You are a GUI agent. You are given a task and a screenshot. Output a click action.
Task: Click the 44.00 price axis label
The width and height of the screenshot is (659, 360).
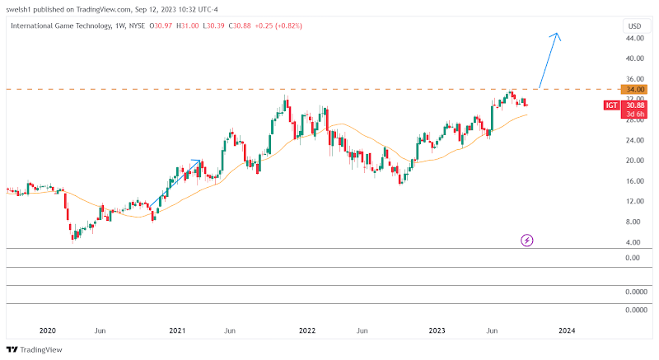tap(633, 39)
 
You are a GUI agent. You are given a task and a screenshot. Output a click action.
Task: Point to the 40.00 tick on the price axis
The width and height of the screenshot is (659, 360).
tap(633, 58)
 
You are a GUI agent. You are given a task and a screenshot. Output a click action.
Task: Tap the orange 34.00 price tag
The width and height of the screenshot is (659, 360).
tap(633, 89)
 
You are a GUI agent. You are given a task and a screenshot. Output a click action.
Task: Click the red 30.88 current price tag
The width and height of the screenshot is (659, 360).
tap(633, 105)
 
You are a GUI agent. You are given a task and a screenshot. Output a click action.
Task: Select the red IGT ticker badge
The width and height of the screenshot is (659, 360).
tap(611, 105)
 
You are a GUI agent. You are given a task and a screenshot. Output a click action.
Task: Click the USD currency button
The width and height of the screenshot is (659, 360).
tap(633, 26)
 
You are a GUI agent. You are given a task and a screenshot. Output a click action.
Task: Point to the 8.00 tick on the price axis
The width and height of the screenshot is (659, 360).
tap(633, 222)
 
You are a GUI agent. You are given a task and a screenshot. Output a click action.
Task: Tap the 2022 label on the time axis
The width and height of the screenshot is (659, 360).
tap(307, 330)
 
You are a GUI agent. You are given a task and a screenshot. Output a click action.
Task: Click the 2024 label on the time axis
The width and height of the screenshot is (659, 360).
tap(567, 330)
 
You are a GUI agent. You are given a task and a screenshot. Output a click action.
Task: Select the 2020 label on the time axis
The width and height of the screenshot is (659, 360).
tap(48, 330)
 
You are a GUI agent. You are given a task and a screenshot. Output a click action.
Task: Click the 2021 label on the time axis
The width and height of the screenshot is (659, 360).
tap(178, 330)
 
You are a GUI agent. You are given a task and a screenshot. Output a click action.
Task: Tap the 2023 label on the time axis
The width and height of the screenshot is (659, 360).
tap(437, 330)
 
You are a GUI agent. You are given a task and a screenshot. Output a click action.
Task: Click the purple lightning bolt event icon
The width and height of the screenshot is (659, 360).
tap(527, 240)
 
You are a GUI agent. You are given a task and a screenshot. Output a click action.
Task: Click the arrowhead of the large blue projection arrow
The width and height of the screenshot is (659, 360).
tap(558, 35)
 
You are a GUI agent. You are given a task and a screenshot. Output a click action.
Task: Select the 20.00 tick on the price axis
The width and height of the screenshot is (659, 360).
tap(633, 161)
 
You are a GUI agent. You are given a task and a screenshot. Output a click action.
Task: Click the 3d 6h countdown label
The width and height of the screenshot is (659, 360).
tap(633, 114)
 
